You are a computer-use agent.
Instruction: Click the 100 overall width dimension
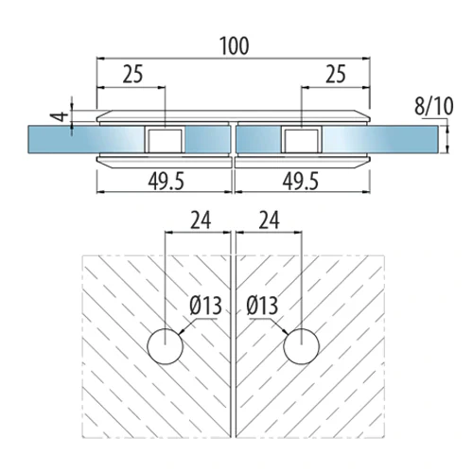tap(235, 46)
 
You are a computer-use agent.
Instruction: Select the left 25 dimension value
tap(132, 74)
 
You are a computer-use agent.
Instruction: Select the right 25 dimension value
tap(336, 74)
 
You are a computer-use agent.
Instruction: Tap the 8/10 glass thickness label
tap(434, 106)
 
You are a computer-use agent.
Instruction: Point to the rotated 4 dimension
tap(60, 116)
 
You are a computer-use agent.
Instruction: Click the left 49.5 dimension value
tap(166, 182)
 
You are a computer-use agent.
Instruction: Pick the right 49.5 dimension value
tap(301, 182)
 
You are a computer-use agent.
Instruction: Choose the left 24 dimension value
tap(201, 220)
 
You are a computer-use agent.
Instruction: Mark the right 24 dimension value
tap(269, 220)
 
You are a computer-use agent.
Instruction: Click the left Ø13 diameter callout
tap(206, 306)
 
